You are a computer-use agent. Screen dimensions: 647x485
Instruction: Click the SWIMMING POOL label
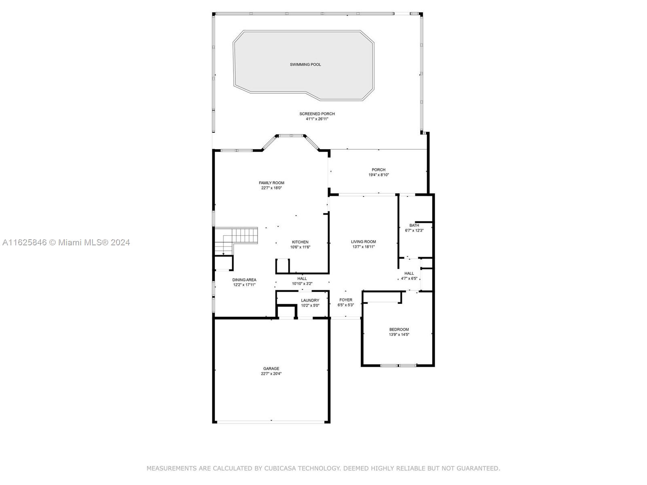(x=305, y=65)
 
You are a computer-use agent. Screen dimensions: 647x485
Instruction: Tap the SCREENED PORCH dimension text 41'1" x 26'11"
(x=317, y=119)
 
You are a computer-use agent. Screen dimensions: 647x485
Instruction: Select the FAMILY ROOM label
(x=271, y=183)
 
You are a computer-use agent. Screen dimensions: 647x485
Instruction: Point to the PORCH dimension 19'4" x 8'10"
(x=378, y=175)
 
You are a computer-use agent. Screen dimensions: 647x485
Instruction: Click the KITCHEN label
(x=300, y=242)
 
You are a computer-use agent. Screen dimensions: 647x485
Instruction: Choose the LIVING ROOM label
(x=364, y=242)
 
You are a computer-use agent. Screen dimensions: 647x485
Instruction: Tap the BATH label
(x=414, y=225)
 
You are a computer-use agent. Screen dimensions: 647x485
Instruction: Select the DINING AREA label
(x=244, y=280)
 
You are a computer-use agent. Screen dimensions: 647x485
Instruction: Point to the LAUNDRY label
(x=310, y=300)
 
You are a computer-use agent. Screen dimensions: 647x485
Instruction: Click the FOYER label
(x=346, y=300)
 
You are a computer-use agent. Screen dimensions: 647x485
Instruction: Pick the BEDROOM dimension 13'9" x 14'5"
(x=399, y=335)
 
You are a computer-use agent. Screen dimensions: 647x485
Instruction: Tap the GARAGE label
(x=271, y=368)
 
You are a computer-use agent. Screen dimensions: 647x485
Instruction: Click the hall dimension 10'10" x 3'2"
(x=302, y=284)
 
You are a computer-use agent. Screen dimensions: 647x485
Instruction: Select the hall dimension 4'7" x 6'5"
(x=409, y=278)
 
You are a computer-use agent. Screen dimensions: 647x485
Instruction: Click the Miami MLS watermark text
(x=66, y=242)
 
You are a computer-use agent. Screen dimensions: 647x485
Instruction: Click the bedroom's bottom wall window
(x=398, y=365)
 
